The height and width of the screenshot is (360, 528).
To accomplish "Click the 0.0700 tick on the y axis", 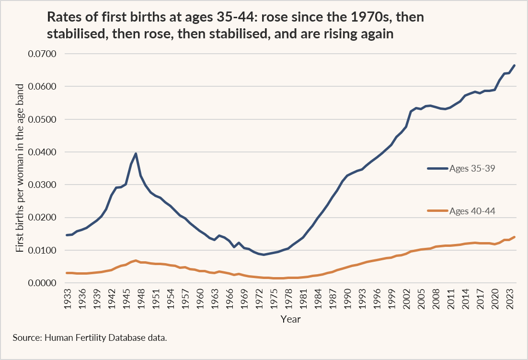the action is point(42,54).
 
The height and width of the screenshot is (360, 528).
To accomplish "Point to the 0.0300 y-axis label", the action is point(42,185).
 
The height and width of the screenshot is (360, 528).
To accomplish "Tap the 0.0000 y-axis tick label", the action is point(42,283).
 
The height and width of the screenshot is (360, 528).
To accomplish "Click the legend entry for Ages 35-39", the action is point(461,168).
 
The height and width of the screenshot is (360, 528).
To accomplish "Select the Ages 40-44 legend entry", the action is point(461,211).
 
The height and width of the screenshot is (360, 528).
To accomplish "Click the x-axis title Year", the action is point(291,319).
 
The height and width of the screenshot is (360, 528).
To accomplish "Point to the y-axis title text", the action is point(20,168).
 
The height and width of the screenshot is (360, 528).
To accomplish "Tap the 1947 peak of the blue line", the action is point(136,153).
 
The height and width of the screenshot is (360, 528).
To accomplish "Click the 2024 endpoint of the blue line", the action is point(515,65).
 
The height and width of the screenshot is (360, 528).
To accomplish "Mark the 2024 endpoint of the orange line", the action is point(515,237).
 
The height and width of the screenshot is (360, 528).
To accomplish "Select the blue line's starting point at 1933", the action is point(67,235).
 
